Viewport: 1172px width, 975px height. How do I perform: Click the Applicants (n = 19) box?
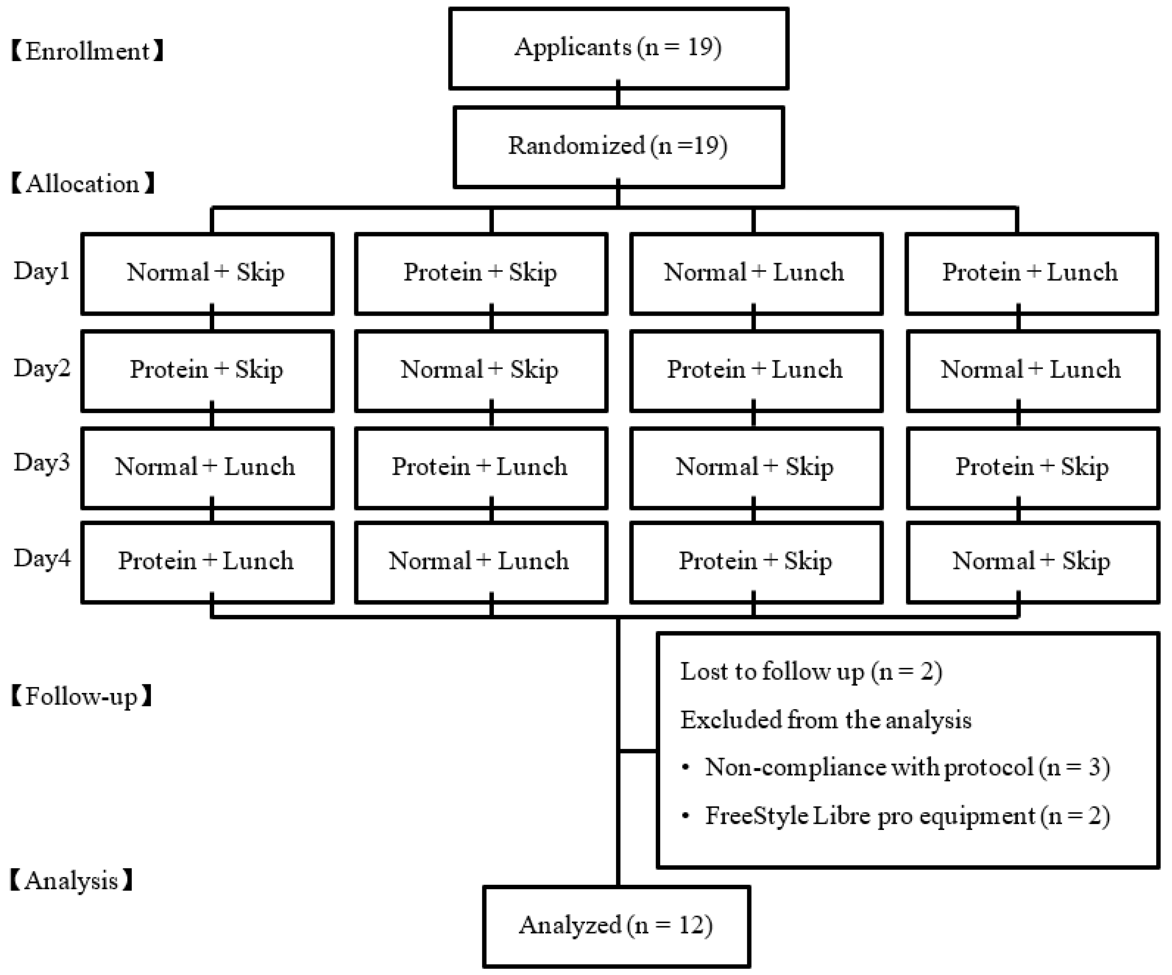[x=618, y=48]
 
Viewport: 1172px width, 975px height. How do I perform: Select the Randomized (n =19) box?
[x=618, y=146]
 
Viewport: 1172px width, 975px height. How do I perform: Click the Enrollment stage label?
[x=88, y=51]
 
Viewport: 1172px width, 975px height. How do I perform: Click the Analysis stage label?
[x=72, y=881]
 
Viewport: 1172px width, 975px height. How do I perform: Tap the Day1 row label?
[x=42, y=271]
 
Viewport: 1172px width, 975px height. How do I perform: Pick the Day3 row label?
[x=42, y=463]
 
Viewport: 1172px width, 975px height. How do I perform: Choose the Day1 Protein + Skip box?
[x=481, y=273]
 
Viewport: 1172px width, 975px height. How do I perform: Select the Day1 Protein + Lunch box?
[x=1031, y=273]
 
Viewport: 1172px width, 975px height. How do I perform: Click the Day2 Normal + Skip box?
[x=481, y=370]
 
